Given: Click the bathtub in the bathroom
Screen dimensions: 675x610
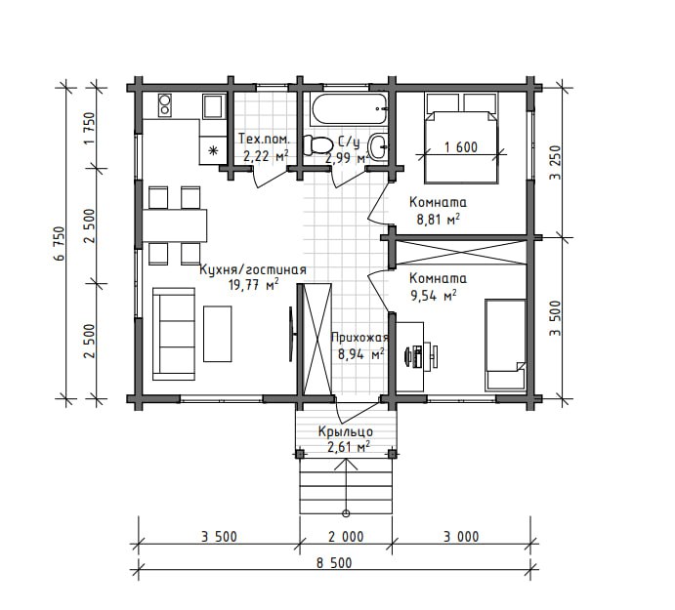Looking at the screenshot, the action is coord(349,108).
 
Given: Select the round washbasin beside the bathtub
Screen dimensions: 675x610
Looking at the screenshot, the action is coord(379,147).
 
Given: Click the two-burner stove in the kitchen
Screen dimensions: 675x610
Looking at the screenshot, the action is coord(164,104).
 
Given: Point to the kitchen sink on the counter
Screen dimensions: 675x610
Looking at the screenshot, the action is coord(213,105).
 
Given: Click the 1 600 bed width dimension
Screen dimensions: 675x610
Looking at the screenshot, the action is coord(461,147).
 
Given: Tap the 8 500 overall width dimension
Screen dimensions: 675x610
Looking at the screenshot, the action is coord(334,563).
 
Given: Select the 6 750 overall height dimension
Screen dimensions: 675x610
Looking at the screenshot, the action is coord(60,243).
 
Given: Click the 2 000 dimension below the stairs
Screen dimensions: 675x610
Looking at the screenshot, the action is coord(346,537).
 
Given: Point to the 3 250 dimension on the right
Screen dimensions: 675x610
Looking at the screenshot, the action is coord(555,163).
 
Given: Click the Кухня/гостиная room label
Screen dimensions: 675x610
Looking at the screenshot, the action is coord(253,269).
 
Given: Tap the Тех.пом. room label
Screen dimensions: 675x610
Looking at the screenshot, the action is coord(265,139).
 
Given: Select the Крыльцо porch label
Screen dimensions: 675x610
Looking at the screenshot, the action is coord(346,431).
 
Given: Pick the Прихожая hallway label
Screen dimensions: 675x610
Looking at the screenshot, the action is coord(359,338).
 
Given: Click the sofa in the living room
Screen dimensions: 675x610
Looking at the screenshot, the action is coord(174,334).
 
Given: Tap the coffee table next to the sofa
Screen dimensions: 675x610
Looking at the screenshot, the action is coord(218,334).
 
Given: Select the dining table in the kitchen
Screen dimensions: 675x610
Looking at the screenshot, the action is coord(174,225).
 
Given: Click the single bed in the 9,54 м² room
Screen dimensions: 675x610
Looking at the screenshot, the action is coord(505,345).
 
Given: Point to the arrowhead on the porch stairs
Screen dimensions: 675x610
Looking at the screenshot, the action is coord(346,465).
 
